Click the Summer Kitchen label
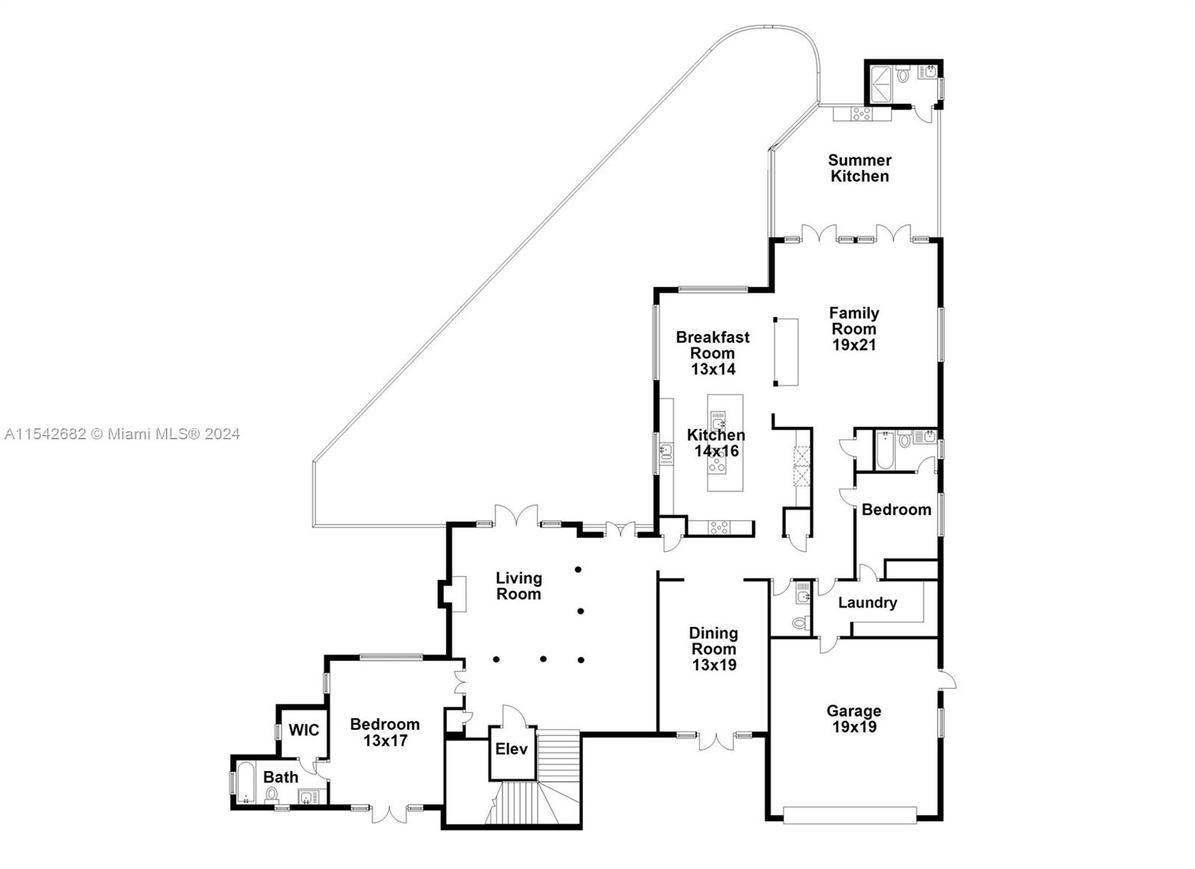click(859, 168)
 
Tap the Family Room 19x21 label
click(854, 329)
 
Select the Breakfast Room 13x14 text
click(713, 353)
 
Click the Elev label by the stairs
click(512, 749)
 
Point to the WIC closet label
click(304, 730)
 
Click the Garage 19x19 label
click(853, 719)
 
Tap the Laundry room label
click(867, 602)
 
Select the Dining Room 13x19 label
click(713, 649)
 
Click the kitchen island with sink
click(725, 442)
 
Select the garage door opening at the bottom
click(850, 815)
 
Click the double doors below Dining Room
click(716, 741)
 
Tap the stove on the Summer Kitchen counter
click(861, 114)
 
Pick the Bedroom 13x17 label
click(385, 732)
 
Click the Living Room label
click(518, 586)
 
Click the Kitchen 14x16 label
click(716, 442)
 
